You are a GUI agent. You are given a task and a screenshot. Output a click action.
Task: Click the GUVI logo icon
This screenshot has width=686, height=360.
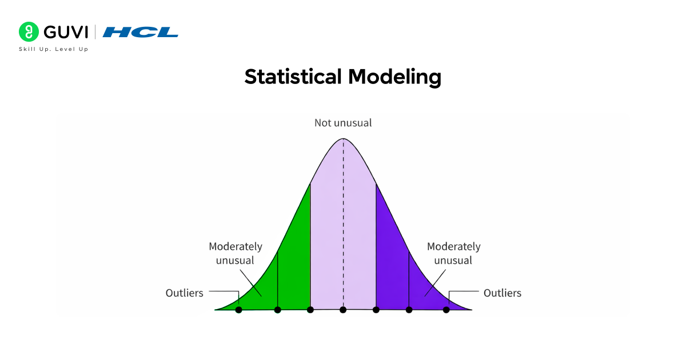28,31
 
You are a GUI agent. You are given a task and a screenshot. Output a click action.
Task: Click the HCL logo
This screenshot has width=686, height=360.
141,32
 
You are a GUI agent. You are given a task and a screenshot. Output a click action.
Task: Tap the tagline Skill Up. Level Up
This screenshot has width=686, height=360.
54,49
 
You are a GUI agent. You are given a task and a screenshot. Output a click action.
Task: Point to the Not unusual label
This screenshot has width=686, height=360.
343,123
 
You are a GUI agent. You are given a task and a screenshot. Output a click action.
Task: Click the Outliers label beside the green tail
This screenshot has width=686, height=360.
184,293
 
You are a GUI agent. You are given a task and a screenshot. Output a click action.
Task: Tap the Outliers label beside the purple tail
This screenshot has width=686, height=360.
502,293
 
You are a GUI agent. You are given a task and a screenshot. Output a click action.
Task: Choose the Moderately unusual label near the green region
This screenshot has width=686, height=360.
236,253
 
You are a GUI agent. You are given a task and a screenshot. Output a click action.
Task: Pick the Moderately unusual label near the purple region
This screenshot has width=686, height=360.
454,253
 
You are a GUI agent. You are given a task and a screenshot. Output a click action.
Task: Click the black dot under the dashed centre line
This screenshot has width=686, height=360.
343,310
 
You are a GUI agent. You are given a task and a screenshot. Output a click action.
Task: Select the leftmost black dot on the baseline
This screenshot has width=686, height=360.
239,310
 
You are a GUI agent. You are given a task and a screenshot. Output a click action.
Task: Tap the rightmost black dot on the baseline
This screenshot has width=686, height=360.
446,310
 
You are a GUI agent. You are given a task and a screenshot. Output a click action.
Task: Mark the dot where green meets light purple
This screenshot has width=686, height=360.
310,310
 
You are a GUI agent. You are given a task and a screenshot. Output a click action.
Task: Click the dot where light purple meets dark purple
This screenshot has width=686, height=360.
376,310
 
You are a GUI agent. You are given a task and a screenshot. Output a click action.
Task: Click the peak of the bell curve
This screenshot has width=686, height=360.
343,139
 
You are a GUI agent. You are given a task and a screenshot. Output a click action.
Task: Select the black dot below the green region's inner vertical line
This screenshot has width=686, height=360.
278,310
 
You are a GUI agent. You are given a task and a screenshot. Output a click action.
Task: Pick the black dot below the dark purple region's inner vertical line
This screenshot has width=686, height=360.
409,310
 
